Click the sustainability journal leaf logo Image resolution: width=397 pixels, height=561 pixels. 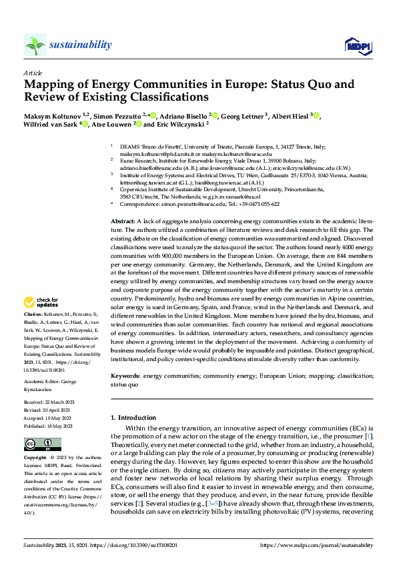click(35, 45)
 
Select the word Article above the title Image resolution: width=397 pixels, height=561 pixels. click(33, 73)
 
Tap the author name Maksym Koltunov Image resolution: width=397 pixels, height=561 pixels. click(52, 117)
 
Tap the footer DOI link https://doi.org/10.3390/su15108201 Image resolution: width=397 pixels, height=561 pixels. click(145, 544)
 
